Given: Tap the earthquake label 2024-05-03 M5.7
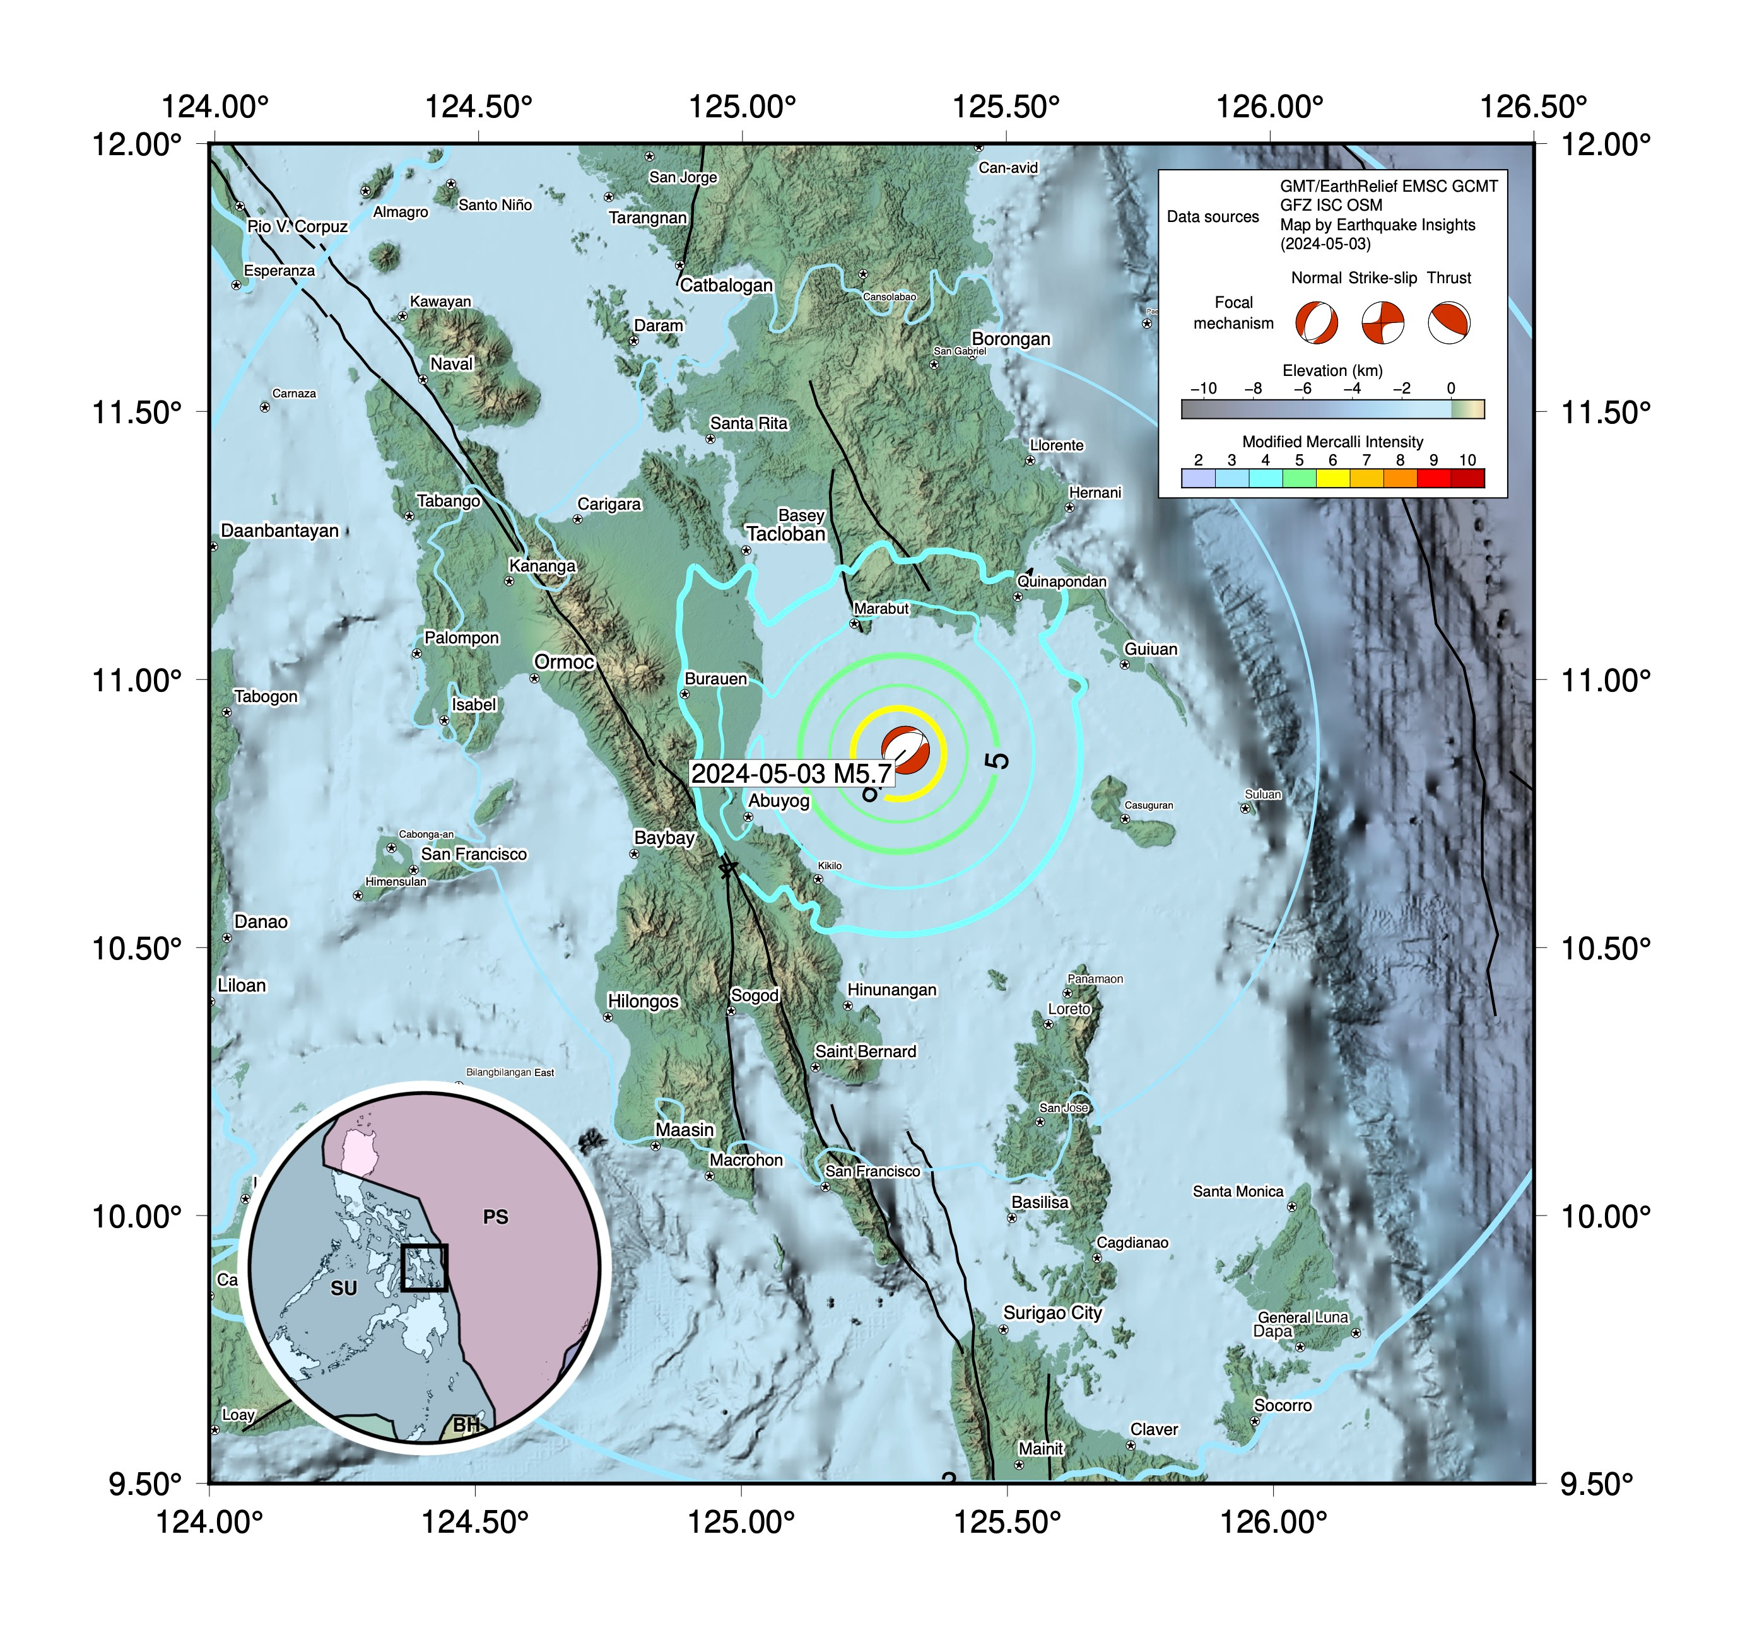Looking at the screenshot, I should (791, 773).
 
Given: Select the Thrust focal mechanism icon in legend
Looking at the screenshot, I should (1448, 323).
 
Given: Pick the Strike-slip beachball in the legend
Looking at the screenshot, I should (1382, 323).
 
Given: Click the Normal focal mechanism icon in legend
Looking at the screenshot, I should (1316, 323).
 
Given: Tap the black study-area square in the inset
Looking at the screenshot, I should (424, 1267).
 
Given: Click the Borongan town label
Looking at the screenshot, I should (1010, 339).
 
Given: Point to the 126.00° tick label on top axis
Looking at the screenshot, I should (1269, 107).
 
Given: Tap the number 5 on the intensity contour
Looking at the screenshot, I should (998, 760).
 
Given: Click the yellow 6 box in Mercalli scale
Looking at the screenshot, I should (1332, 478).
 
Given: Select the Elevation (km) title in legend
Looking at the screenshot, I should (1332, 370).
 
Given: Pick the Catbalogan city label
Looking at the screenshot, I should (726, 284).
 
